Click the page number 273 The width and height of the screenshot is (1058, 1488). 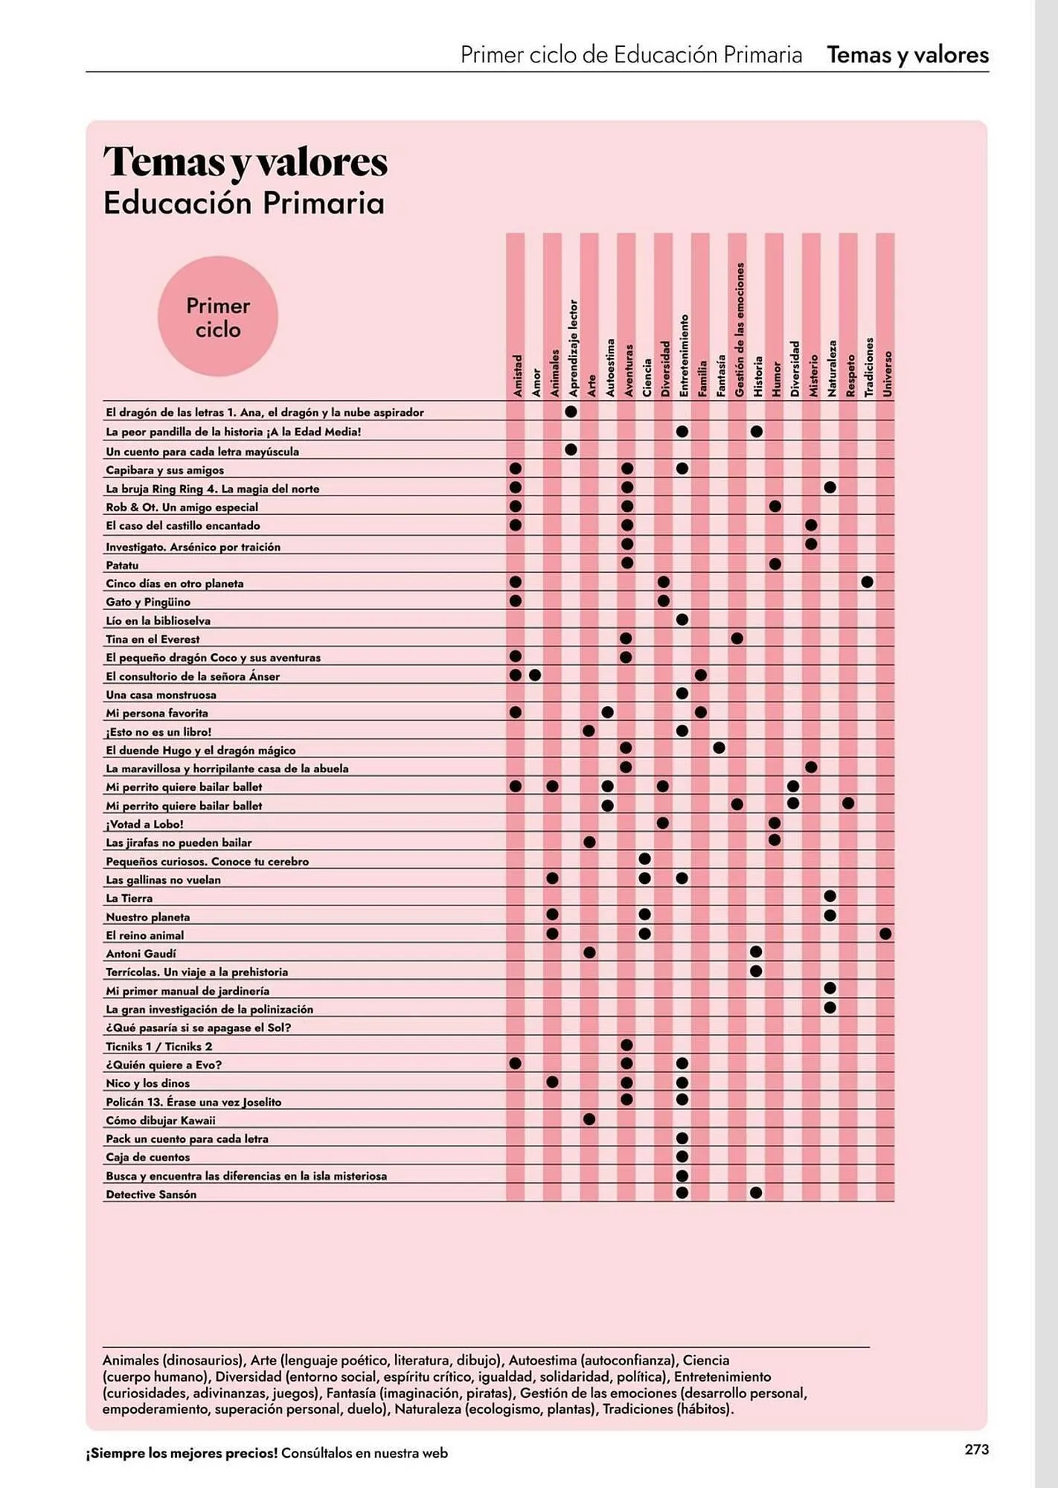coord(976,1449)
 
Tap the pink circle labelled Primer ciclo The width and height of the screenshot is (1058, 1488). coord(218,317)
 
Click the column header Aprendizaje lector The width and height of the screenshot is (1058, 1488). coord(573,347)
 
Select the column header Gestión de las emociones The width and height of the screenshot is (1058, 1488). coord(740,329)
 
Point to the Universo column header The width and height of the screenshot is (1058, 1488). coord(887,373)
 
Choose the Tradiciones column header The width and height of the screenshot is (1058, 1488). coord(868,366)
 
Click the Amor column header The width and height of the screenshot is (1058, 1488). coord(536,382)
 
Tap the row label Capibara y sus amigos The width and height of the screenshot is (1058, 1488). coord(164,470)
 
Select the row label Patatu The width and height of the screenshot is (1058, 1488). coord(122,565)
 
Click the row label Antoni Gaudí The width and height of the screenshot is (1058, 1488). coord(141,954)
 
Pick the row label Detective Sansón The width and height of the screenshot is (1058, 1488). coord(151,1195)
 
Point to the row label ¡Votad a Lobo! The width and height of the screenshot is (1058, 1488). coord(144,824)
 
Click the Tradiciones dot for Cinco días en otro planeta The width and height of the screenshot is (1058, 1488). coord(867,582)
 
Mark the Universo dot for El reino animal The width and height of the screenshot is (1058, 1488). coord(885,934)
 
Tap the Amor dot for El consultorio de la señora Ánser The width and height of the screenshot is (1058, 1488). coord(535,676)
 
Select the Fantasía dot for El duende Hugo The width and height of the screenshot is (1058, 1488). coord(719,748)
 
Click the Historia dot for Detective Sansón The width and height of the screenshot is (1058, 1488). coord(756,1193)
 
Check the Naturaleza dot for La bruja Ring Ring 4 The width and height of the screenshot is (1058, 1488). coord(830,487)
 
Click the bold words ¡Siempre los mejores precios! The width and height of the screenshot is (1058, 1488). coord(182,1453)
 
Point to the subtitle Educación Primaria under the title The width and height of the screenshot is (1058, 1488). coord(243,203)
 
